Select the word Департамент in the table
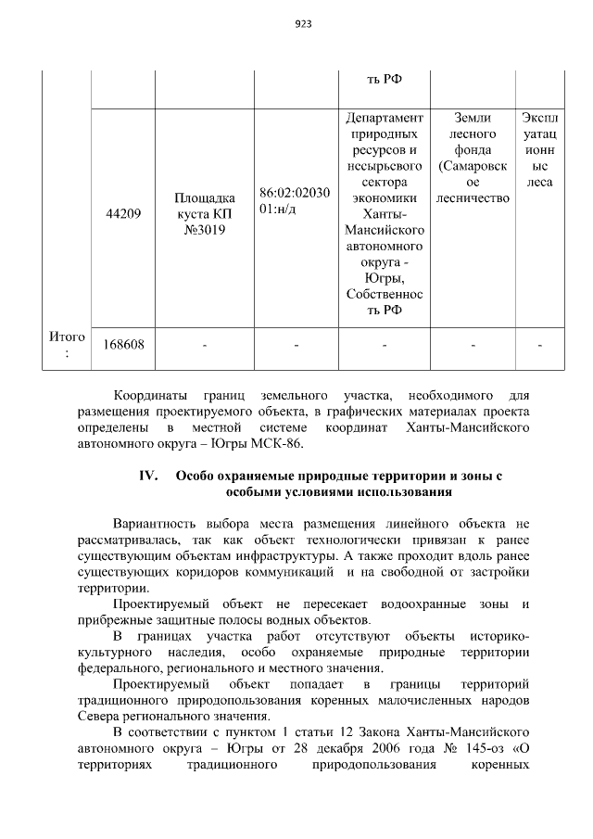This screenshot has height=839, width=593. (385, 119)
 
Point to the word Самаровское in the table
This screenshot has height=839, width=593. (473, 166)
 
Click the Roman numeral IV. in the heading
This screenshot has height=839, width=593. (150, 477)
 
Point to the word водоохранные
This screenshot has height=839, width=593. (447, 604)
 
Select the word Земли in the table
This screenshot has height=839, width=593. (473, 119)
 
